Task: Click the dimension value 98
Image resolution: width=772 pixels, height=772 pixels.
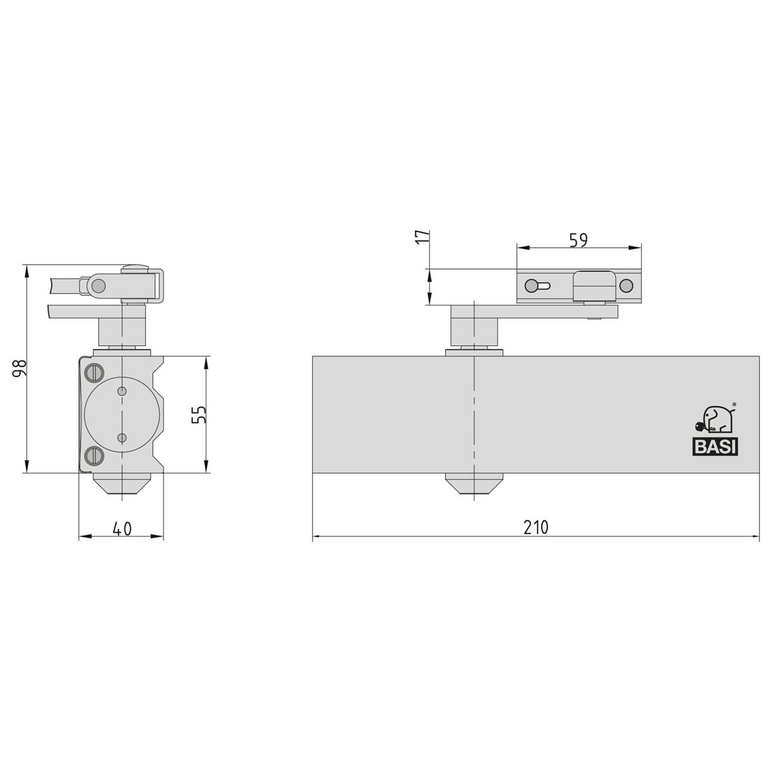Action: pos(20,369)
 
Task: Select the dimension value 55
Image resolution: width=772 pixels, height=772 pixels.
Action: pos(200,414)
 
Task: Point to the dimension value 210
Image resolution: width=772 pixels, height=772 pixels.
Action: pos(536,527)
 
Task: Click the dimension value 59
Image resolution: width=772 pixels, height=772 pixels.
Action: pos(578,239)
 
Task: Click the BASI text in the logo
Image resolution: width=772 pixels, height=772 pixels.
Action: pos(715,448)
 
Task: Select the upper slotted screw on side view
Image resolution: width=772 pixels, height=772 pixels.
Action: pos(93,373)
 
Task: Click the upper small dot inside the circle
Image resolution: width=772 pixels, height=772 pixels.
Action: pos(122,391)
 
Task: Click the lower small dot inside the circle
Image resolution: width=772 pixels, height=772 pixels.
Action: pos(122,437)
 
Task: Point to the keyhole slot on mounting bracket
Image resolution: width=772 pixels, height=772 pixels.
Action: pos(538,286)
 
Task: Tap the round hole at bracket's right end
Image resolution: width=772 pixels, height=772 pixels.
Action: pos(627,286)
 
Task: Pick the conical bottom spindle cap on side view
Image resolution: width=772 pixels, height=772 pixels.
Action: pos(122,484)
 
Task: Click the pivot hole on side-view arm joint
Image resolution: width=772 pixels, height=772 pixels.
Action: pos(99,285)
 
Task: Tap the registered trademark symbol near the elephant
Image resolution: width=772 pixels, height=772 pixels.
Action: pos(733,405)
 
